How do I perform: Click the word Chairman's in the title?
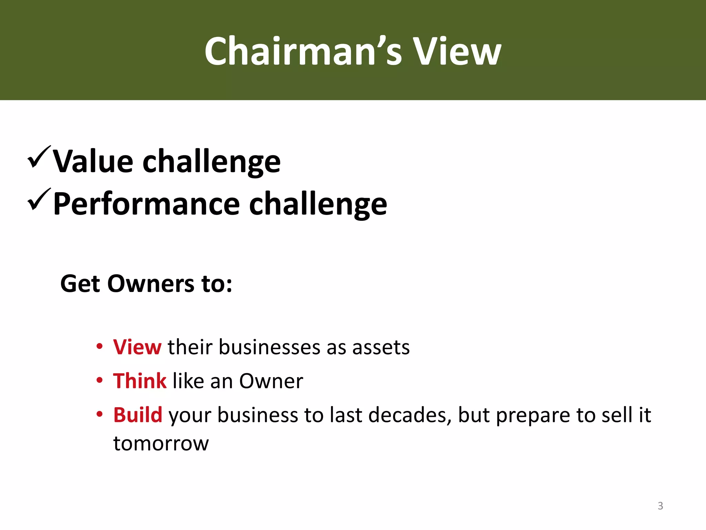click(303, 51)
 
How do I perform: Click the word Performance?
click(147, 204)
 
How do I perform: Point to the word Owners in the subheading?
click(151, 284)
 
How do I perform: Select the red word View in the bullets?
click(137, 347)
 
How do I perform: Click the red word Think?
click(140, 381)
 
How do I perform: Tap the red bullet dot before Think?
click(99, 380)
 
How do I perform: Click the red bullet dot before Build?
click(99, 414)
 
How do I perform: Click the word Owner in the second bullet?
click(271, 381)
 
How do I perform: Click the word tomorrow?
click(161, 444)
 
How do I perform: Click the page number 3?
click(660, 506)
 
